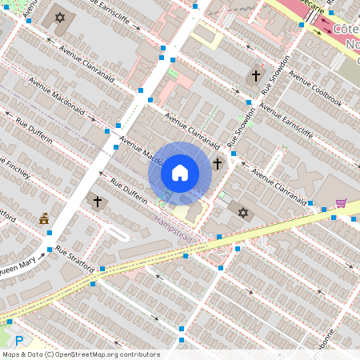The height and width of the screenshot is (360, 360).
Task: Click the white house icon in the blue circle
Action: pyautogui.click(x=180, y=173)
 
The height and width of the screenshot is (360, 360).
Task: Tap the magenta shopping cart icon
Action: pyautogui.click(x=341, y=203)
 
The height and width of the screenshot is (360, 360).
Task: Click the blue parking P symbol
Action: pyautogui.click(x=18, y=340)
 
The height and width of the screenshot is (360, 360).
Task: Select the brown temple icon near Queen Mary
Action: pyautogui.click(x=44, y=218)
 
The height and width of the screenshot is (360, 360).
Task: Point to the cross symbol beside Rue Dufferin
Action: pyautogui.click(x=98, y=202)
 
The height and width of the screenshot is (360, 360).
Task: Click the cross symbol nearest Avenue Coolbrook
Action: pyautogui.click(x=256, y=76)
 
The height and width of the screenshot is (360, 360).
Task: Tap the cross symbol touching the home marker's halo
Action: pyautogui.click(x=218, y=164)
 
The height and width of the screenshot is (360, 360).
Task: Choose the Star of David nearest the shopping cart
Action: pyautogui.click(x=243, y=213)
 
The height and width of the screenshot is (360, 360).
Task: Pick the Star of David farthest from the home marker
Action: pyautogui.click(x=59, y=18)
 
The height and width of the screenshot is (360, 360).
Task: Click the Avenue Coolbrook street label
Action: pyautogui.click(x=315, y=90)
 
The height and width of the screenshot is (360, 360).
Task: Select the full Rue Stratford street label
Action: pyautogui.click(x=74, y=258)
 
